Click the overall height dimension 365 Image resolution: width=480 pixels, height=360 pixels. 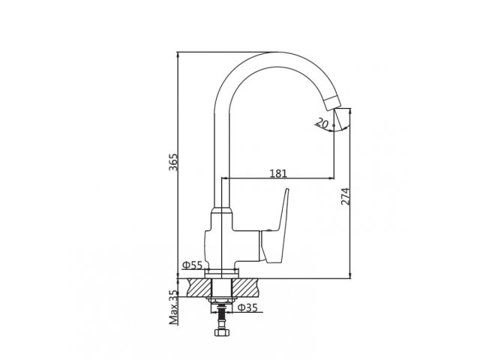(173, 163)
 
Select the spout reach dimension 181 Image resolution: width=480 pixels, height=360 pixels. (277, 174)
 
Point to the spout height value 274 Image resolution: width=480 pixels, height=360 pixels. (346, 196)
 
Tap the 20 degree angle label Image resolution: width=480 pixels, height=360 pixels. (322, 124)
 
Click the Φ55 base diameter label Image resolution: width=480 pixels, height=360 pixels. (192, 265)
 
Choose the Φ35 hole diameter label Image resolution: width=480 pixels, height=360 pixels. (247, 307)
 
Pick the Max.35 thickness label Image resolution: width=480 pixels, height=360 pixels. (174, 307)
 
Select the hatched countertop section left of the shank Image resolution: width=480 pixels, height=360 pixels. (199, 287)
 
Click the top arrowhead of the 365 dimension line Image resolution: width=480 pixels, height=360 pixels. (178, 55)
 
